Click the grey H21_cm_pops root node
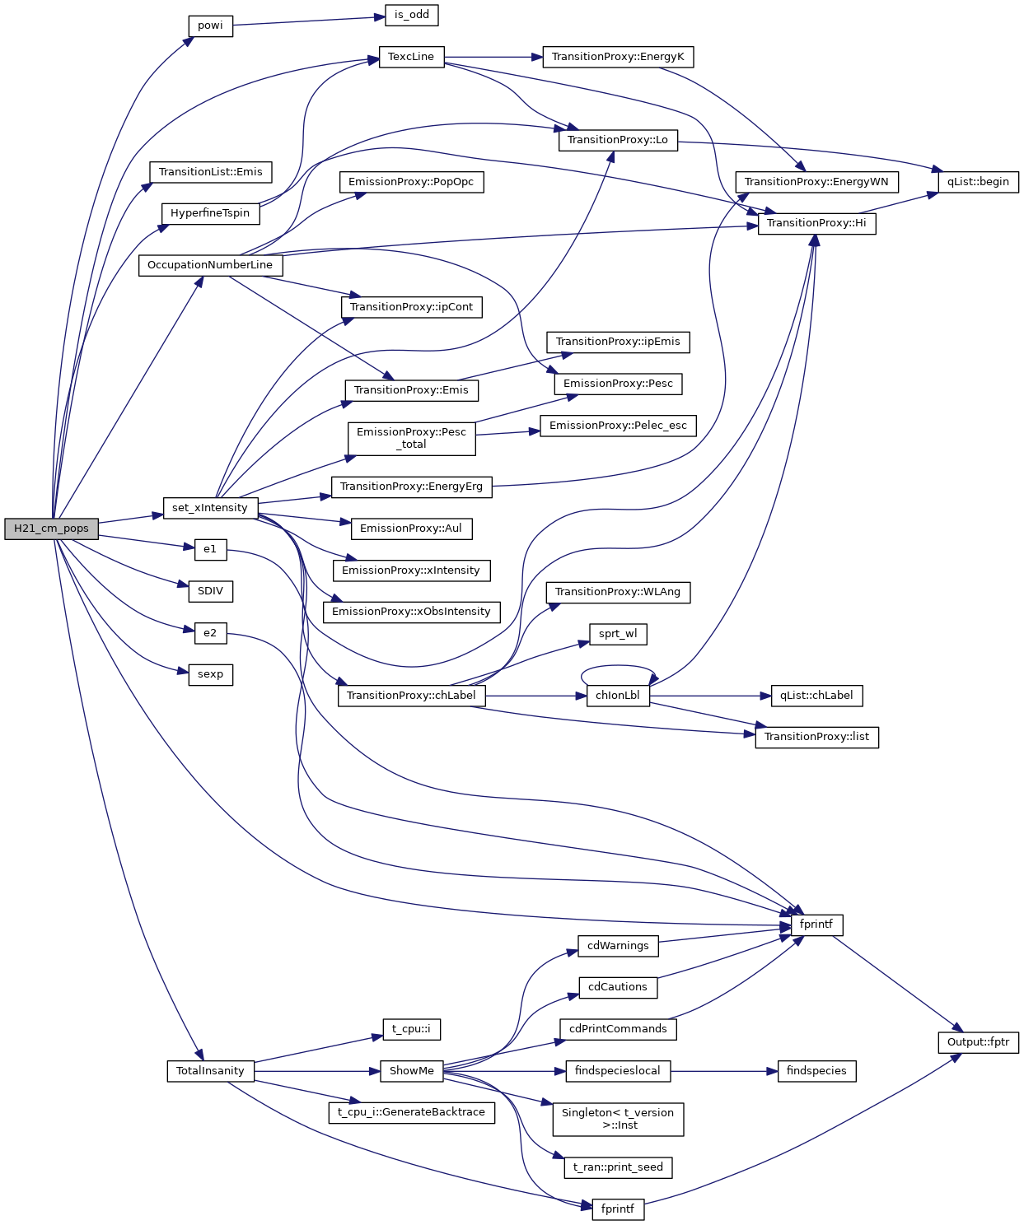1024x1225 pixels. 51,529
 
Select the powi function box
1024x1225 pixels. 210,26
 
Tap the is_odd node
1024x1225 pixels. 412,15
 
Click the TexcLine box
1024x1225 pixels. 411,57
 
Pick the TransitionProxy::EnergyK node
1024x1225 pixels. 618,57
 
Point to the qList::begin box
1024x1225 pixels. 978,182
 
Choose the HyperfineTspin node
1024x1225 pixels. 210,213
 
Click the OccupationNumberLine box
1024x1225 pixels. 210,265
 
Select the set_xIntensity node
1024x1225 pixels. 210,508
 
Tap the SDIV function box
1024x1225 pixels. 210,591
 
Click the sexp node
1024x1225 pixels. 210,674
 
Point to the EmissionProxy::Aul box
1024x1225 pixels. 411,529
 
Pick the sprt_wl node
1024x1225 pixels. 618,634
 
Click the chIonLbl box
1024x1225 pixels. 618,696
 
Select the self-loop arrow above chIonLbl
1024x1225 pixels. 619,667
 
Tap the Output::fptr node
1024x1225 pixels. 978,1042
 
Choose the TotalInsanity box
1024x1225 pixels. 210,1071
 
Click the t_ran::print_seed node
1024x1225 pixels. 618,1167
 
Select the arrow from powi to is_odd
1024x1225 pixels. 309,20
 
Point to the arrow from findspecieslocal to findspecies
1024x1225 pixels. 724,1071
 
